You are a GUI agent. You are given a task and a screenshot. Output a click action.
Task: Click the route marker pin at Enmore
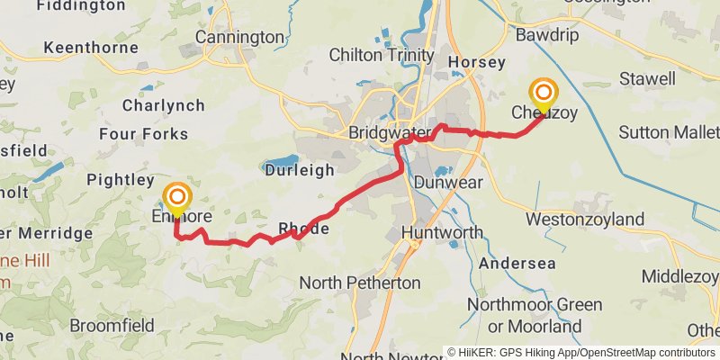point(177,198)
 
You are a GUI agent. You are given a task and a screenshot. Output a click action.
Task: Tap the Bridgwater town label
point(390,133)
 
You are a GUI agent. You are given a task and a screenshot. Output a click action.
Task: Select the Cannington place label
point(239,37)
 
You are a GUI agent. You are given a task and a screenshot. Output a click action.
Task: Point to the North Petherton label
point(359,283)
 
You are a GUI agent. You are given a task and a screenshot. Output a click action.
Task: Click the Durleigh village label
point(300,169)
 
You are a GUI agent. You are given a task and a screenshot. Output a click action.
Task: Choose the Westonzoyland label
point(585,220)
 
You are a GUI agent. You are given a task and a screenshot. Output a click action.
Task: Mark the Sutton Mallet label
point(669,133)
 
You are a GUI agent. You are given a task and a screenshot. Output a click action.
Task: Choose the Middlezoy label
point(682,274)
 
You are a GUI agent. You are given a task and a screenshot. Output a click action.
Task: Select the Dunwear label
point(448,183)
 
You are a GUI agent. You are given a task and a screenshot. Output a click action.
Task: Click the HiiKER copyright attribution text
point(580,352)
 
